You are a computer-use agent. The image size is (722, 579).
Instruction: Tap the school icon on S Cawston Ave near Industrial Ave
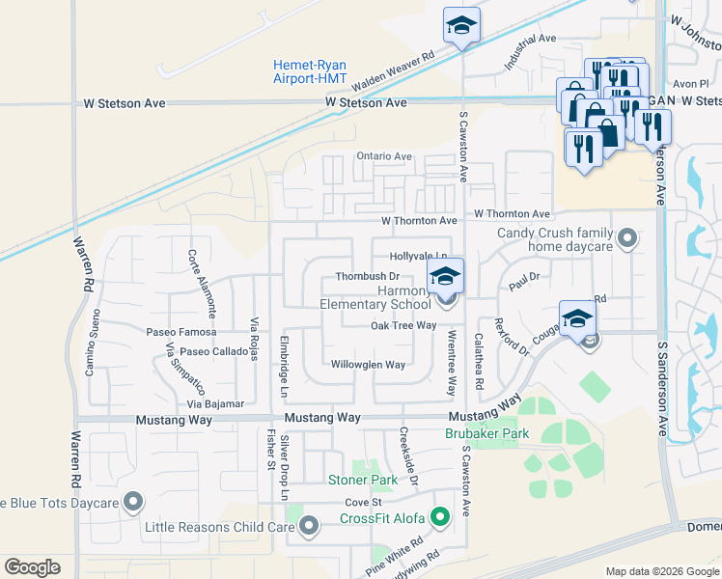click(462, 26)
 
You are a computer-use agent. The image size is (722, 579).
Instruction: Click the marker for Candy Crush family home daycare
click(628, 237)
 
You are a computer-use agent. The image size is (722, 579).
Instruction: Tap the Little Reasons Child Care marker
click(309, 526)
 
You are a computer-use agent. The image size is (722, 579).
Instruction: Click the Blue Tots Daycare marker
click(133, 503)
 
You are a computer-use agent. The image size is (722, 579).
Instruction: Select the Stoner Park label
click(363, 480)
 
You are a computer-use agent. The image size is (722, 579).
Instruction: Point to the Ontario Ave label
click(384, 156)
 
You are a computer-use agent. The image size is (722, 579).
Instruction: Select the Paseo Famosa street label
click(175, 332)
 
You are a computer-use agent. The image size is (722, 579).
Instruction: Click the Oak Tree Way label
click(403, 326)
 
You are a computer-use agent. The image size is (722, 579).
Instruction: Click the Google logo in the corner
click(32, 567)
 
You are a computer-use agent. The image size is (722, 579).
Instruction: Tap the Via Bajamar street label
click(217, 403)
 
